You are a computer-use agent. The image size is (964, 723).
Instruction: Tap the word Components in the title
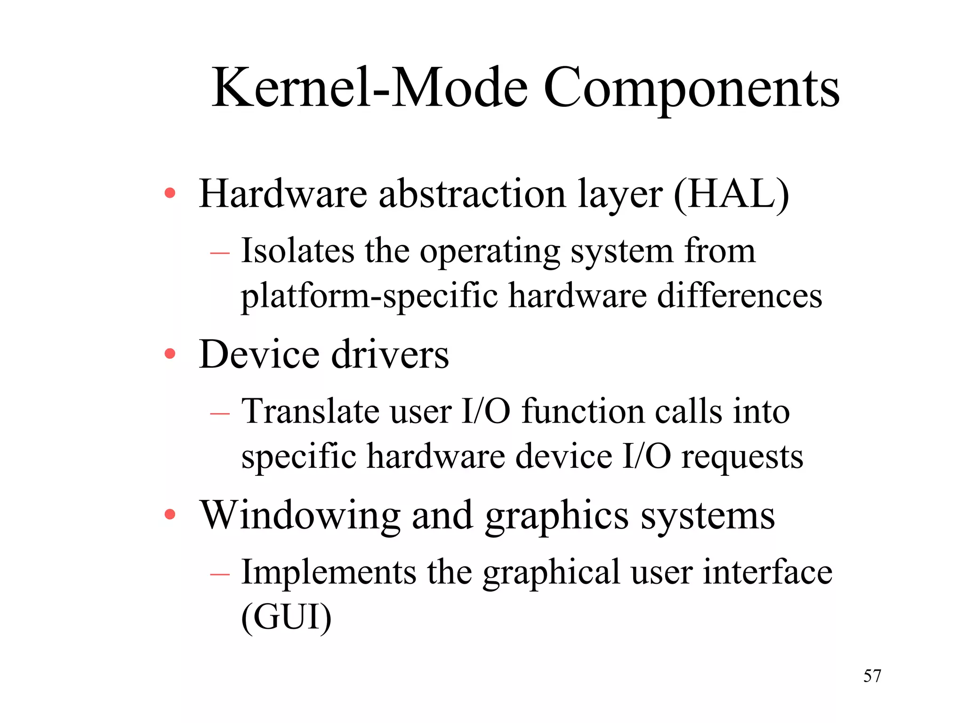691,89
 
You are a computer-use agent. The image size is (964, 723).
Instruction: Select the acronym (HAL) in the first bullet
731,194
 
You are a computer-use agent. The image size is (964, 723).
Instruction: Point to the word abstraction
472,194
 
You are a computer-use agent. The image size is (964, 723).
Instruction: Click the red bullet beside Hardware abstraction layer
170,193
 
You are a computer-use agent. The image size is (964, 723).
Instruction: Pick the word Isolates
297,250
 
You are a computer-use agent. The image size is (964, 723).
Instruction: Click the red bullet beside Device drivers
170,353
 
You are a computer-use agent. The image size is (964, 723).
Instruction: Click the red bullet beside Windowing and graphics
170,514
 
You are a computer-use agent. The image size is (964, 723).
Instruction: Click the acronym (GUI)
286,618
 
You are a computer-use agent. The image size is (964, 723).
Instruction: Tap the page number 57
872,676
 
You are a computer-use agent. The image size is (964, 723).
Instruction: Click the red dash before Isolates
220,253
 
